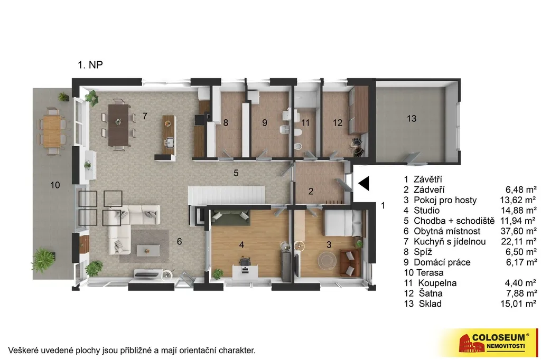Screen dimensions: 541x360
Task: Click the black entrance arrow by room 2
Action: (x=364, y=183)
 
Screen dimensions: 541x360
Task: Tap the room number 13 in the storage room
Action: (x=411, y=119)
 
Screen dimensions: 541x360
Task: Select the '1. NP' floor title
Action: (x=90, y=65)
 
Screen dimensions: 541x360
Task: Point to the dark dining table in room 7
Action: (x=118, y=125)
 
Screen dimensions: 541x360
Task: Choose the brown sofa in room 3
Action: (x=350, y=262)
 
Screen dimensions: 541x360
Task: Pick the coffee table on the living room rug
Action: (x=148, y=250)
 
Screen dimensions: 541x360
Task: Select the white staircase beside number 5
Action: (x=226, y=195)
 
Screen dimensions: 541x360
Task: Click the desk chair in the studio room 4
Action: (x=245, y=261)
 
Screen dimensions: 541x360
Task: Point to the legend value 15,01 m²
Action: (x=518, y=304)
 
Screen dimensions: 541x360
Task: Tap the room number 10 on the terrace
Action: (x=55, y=185)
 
